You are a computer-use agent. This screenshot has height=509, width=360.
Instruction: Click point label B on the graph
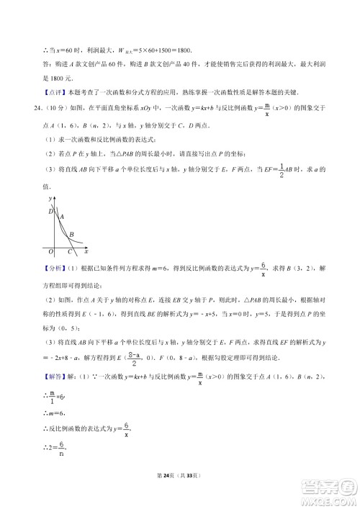(x=71, y=234)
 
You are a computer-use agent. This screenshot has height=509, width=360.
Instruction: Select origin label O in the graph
(x=50, y=251)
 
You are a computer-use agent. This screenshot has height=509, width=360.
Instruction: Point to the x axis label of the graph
(x=86, y=251)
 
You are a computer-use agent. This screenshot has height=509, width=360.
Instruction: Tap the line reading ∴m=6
(x=37, y=414)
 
